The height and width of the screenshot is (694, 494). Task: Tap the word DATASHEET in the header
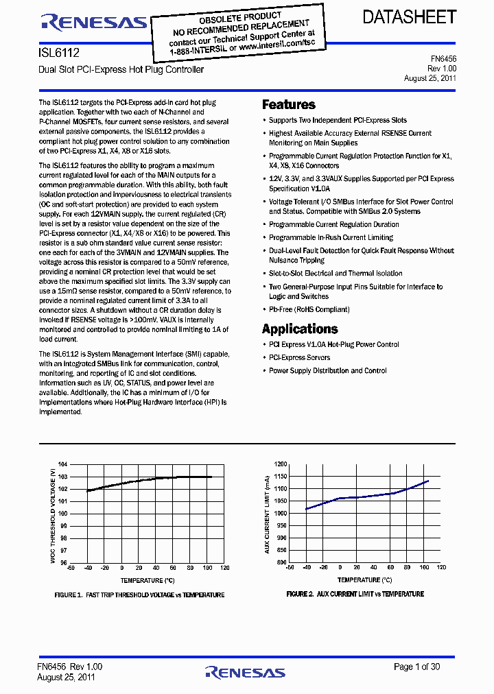[x=410, y=18]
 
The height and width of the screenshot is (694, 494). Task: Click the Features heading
[x=289, y=105]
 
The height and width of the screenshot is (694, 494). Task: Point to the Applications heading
[x=300, y=328]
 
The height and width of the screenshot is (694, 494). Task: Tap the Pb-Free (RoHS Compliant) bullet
[x=309, y=309]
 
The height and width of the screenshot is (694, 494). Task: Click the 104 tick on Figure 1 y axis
[x=62, y=465]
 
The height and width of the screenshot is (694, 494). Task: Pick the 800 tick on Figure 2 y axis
[x=281, y=562]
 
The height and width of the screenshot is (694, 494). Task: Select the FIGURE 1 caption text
[x=139, y=595]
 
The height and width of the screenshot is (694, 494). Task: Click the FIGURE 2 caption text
[x=355, y=594]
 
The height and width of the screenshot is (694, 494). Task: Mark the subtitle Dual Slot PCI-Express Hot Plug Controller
[x=121, y=70]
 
